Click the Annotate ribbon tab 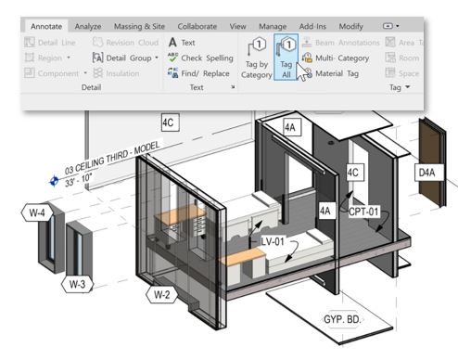[x=46, y=27]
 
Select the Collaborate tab [x=197, y=27]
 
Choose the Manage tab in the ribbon [x=272, y=27]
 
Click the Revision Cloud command [x=125, y=43]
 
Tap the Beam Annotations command [x=345, y=43]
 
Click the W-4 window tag [x=37, y=213]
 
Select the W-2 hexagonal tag [x=160, y=296]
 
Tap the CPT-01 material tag [x=363, y=212]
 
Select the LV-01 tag [x=272, y=242]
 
